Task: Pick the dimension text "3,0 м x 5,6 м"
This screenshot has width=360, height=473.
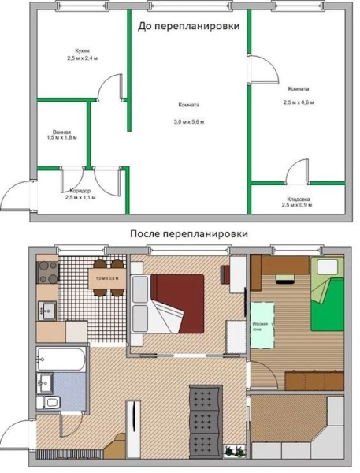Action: pyautogui.click(x=188, y=121)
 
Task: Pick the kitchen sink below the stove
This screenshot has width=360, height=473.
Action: pyautogui.click(x=46, y=311)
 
